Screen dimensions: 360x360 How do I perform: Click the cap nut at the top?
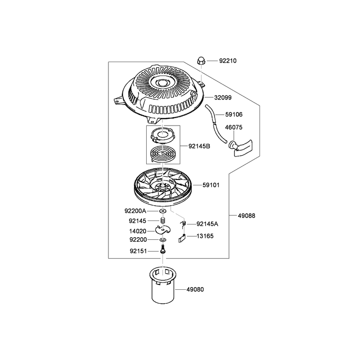tap(201, 61)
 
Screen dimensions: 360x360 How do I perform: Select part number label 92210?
tap(228, 61)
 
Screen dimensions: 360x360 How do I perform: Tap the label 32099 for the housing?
tap(223, 98)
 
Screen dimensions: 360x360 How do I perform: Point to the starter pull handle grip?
tap(241, 148)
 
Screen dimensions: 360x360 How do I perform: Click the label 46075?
tap(234, 127)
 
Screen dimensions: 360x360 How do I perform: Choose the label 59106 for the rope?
tap(234, 114)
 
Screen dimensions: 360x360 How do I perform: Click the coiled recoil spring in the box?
tap(163, 154)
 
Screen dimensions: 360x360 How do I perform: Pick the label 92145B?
tap(199, 146)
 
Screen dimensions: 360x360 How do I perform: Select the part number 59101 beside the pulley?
tap(211, 185)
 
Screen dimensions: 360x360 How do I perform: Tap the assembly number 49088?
tap(247, 216)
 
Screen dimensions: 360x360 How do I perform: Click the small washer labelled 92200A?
tap(163, 211)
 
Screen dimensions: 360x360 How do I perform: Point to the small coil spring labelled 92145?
tap(163, 220)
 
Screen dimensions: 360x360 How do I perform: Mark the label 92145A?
tap(207, 224)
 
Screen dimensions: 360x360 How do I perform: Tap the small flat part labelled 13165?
tap(182, 238)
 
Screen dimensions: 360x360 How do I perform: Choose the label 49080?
tap(195, 289)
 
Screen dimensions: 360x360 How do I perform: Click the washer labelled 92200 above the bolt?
tap(163, 240)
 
